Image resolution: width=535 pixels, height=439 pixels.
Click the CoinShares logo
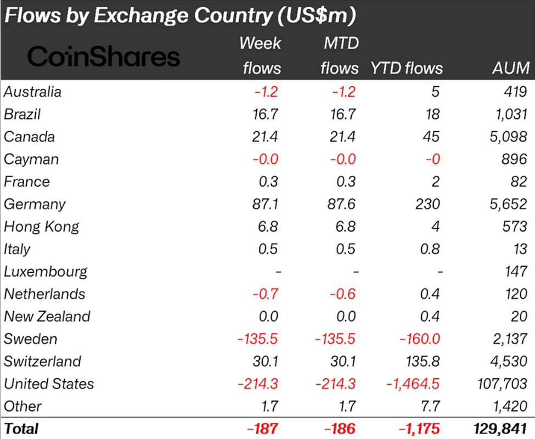(x=104, y=56)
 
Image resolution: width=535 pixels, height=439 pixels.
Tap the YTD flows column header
(x=407, y=68)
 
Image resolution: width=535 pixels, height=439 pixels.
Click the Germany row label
(x=35, y=205)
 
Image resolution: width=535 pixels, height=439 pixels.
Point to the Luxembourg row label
(x=46, y=272)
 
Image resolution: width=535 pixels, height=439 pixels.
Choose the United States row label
(x=49, y=384)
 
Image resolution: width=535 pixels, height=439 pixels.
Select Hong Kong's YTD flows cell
(x=435, y=227)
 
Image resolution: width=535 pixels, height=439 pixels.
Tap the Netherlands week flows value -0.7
(x=265, y=294)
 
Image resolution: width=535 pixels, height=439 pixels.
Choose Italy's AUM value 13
(x=520, y=249)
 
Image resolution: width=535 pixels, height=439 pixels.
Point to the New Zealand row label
(x=47, y=317)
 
